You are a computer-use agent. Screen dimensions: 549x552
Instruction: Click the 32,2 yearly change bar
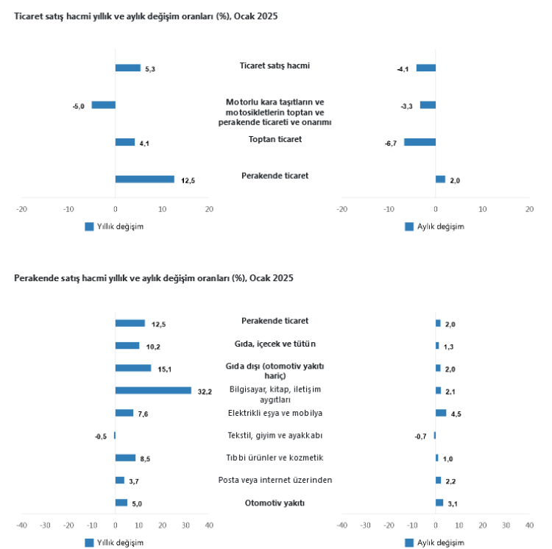(153, 391)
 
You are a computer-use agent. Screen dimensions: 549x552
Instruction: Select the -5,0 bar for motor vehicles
(104, 105)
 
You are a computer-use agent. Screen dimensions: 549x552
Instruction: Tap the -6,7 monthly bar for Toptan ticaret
(420, 142)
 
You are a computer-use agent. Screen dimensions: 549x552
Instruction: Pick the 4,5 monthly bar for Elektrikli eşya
(441, 413)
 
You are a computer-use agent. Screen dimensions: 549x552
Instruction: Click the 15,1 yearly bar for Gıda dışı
(133, 368)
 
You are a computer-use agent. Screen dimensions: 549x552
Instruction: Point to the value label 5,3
(150, 69)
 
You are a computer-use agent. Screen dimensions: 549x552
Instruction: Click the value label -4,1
(403, 69)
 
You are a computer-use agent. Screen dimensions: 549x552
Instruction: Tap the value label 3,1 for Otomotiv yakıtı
(453, 504)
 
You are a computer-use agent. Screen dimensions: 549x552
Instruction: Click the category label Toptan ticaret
(275, 138)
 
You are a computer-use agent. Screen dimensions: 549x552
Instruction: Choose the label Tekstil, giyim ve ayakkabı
(275, 435)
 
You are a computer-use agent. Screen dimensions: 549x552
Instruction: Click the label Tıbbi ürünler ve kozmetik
(275, 458)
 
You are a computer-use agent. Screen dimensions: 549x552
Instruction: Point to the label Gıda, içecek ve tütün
(275, 343)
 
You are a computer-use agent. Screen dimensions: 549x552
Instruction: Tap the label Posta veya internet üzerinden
(275, 480)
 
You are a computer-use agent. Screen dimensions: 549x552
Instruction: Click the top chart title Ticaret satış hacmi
(146, 15)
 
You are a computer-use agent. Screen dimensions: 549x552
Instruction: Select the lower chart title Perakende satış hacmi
(154, 278)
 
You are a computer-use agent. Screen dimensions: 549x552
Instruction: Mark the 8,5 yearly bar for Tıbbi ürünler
(125, 458)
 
